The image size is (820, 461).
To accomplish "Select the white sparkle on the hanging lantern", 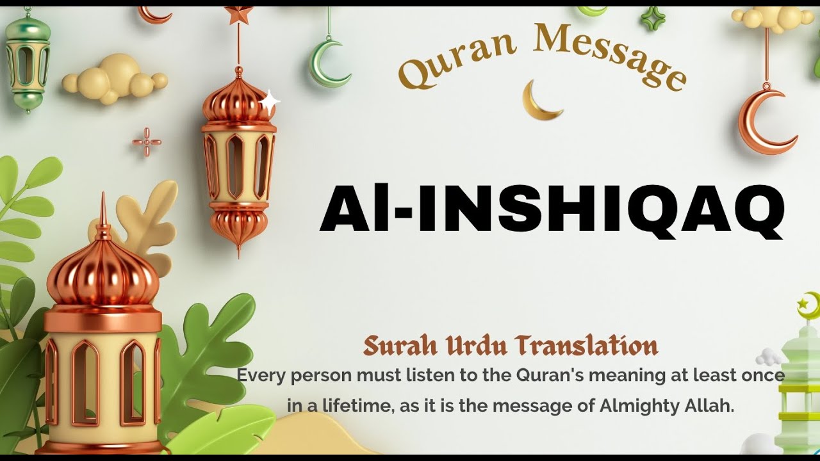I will (x=270, y=101).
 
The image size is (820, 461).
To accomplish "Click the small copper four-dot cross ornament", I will (x=147, y=142).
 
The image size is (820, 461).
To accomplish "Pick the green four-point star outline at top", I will (x=654, y=19).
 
